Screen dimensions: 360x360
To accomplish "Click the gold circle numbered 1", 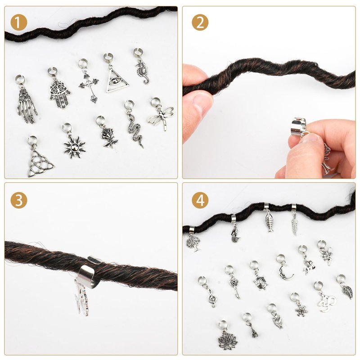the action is (19, 22).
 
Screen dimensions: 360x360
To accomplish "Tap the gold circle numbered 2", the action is (200, 22).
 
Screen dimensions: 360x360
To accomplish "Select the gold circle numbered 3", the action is (19, 200).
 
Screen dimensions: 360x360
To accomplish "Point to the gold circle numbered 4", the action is (200, 200).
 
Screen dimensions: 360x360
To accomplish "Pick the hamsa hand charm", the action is (60, 92).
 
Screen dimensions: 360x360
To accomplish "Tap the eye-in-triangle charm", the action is (117, 81).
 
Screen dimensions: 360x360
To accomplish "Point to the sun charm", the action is (75, 147).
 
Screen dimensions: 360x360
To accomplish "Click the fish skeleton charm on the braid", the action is (269, 221).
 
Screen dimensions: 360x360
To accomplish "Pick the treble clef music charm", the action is (211, 298).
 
